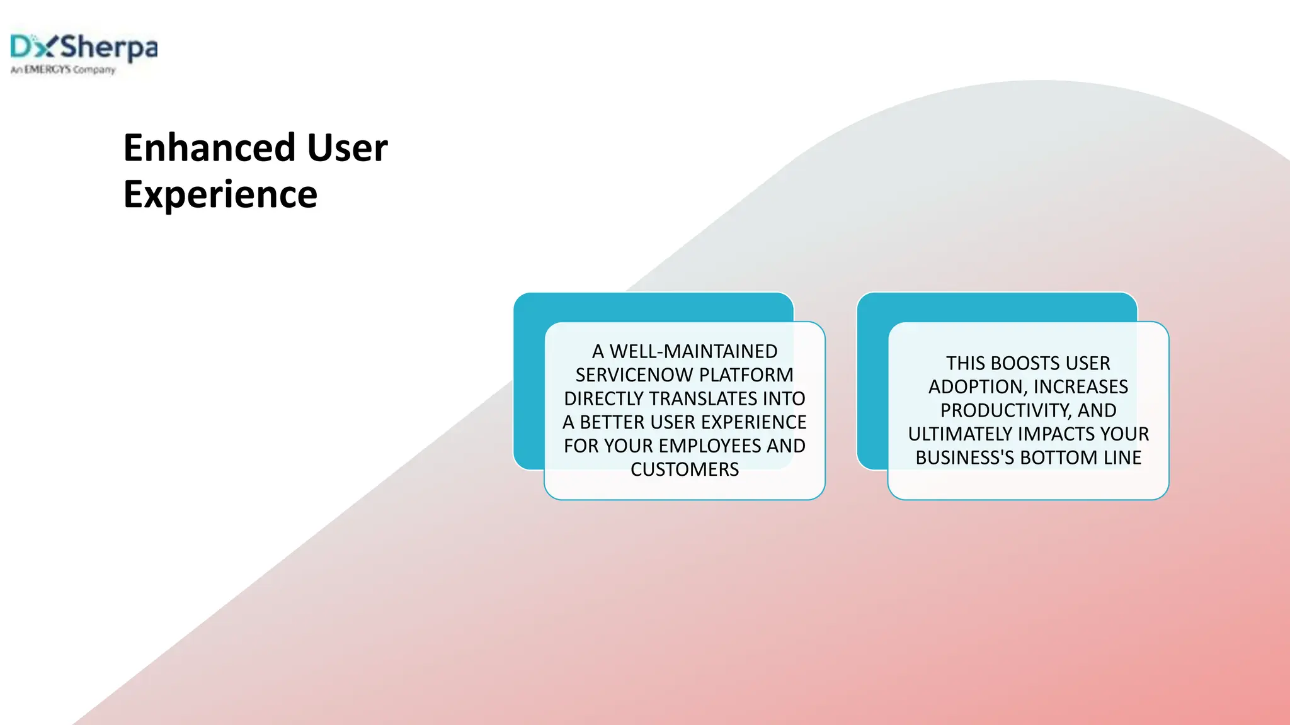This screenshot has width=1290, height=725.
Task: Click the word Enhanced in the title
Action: pyautogui.click(x=209, y=148)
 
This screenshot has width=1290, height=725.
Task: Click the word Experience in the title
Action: pyautogui.click(x=220, y=194)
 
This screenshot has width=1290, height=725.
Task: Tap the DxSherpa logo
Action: pyautogui.click(x=84, y=47)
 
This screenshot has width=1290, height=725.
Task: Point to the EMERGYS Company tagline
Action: pyautogui.click(x=63, y=70)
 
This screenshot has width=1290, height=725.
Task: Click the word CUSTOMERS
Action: pyautogui.click(x=685, y=469)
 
